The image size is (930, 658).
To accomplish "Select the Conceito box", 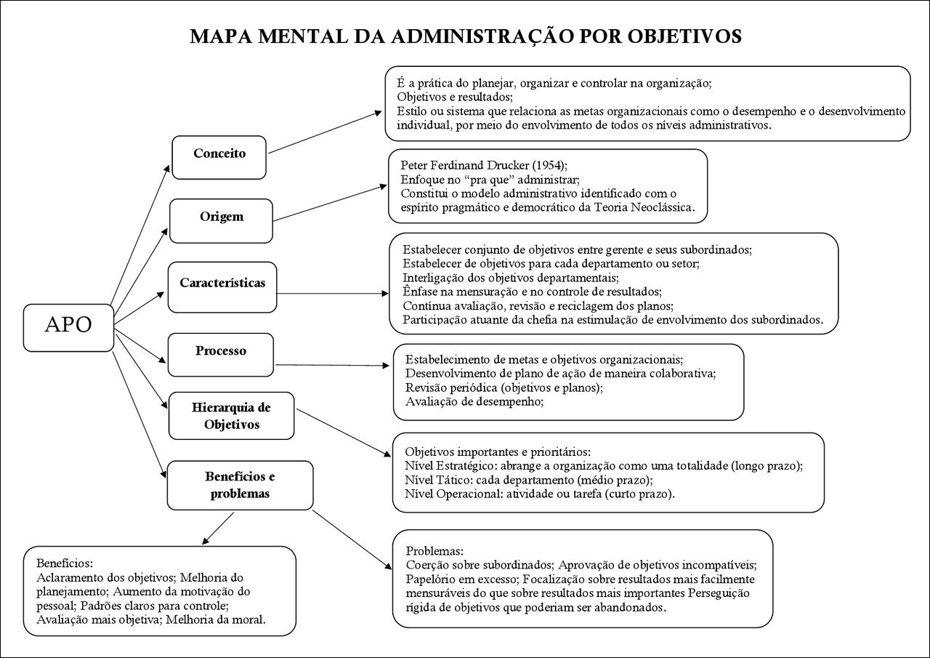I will coord(219,154).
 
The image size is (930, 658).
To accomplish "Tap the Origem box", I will coord(221,217).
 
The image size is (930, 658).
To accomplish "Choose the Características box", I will coord(222,283).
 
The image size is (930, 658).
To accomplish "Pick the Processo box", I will coord(221,351).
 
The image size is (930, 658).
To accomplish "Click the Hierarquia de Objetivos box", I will coord(231,415).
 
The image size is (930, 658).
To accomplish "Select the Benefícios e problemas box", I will coord(240,485).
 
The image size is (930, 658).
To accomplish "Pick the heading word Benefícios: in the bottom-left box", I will coord(65,563).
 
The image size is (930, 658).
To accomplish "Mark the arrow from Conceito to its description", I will coord(325,133).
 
